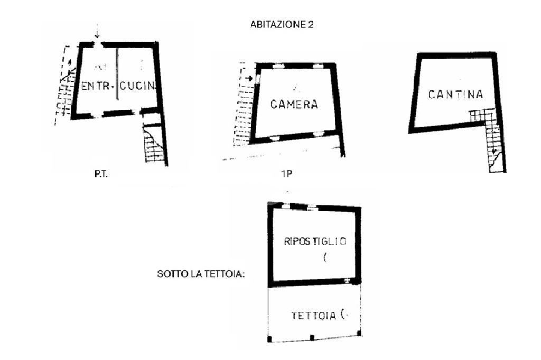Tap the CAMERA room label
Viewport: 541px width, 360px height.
[x=294, y=105]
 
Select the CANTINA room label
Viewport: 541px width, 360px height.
[x=455, y=95]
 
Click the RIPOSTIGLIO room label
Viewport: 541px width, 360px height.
[x=315, y=242]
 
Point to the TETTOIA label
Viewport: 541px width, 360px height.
[x=314, y=316]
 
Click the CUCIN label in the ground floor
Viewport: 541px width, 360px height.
[x=138, y=86]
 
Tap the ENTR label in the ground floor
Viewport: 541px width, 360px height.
[x=95, y=86]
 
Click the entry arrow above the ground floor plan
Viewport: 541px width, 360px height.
[x=97, y=33]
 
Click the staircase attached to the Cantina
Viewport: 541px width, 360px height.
[x=491, y=137]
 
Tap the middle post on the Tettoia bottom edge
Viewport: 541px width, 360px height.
[x=312, y=337]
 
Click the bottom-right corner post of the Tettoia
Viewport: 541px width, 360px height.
[x=359, y=334]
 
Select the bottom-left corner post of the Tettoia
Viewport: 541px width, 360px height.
[x=270, y=339]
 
